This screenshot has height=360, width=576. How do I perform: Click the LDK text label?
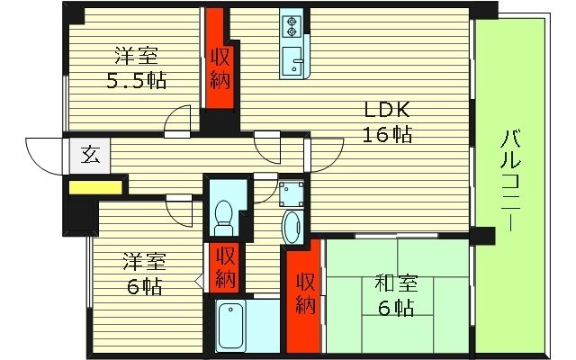(387, 111)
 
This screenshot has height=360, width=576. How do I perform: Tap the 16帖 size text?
(387, 135)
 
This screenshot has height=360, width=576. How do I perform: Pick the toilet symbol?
(224, 213)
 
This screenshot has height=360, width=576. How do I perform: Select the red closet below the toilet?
(227, 267)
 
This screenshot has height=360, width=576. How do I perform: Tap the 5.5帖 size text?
(136, 78)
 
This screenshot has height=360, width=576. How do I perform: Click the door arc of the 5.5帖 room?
(178, 119)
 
